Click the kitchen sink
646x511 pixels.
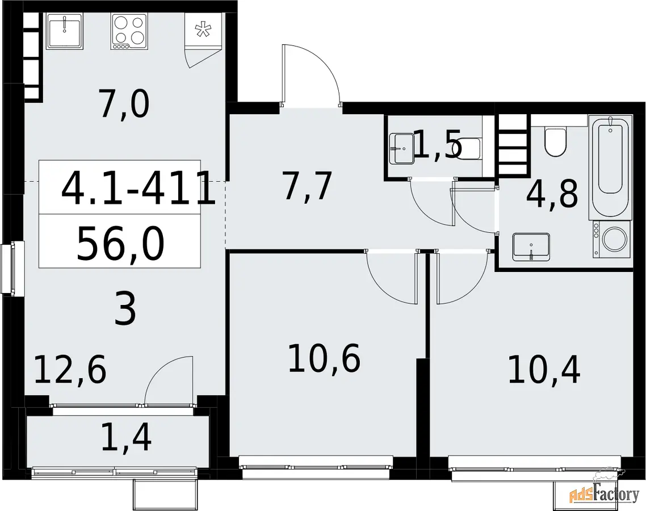[x=65, y=31]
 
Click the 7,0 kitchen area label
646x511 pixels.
[x=124, y=105]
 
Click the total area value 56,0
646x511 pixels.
[x=120, y=245]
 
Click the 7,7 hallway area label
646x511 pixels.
[x=307, y=186]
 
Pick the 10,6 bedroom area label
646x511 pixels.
[x=324, y=358]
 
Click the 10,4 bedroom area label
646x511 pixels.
[x=544, y=369]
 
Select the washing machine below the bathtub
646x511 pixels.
[x=612, y=240]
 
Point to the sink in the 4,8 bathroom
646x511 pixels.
[x=531, y=247]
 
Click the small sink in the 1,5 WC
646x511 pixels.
[x=402, y=148]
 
